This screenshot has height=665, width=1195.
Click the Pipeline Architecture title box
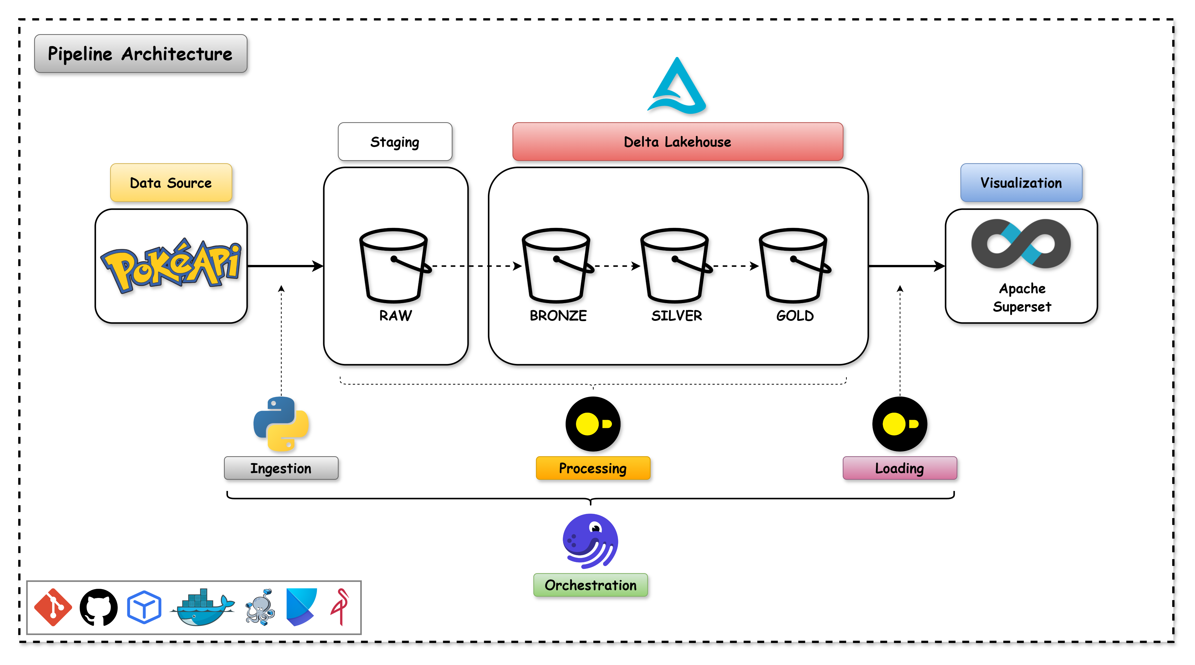click(x=140, y=54)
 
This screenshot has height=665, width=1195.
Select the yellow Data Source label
click(x=171, y=183)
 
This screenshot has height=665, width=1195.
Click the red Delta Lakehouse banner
click(x=677, y=142)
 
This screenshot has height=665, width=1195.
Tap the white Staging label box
click(x=395, y=142)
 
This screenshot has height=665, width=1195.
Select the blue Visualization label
click(x=1021, y=183)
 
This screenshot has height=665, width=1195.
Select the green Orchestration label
click(x=591, y=585)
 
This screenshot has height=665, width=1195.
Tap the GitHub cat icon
click(x=98, y=608)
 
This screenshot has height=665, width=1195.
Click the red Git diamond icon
click(x=53, y=608)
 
